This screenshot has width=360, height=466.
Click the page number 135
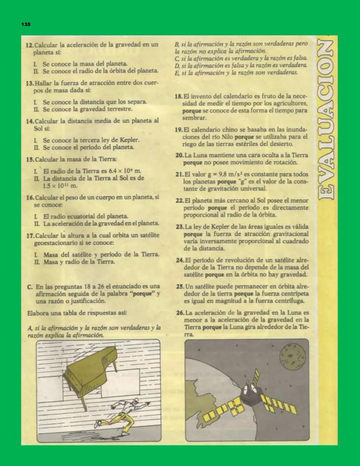coord(26,25)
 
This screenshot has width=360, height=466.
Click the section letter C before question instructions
coord(29,286)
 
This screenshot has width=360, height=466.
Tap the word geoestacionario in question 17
coord(56,243)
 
